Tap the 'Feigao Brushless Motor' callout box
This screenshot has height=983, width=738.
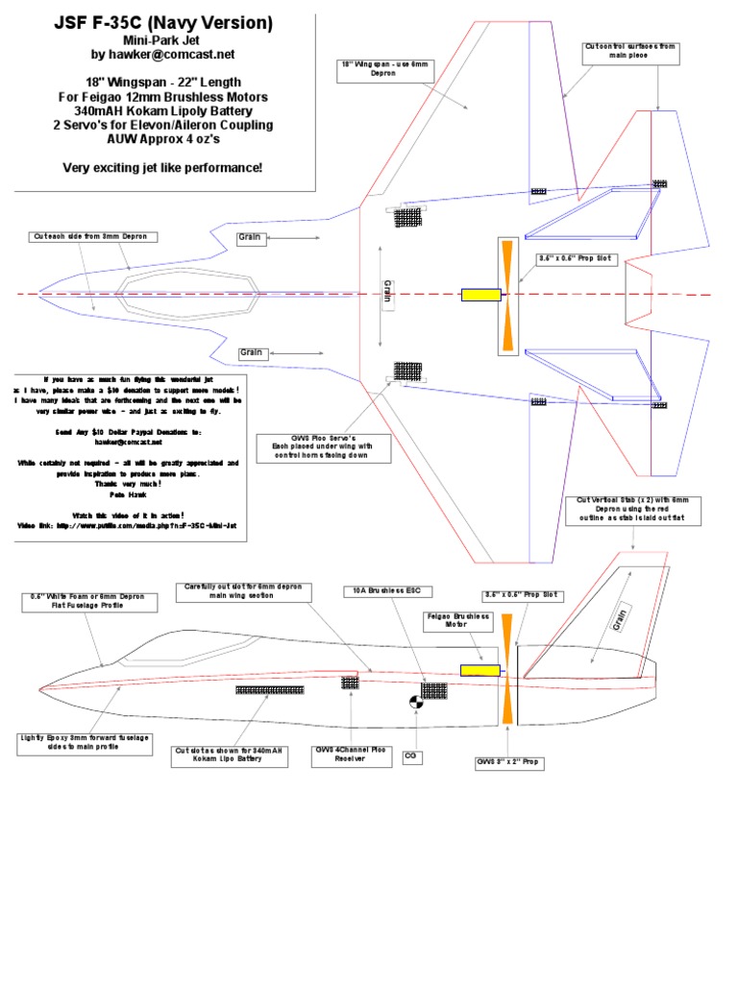pos(457,622)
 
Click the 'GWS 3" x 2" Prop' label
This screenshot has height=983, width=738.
pos(509,763)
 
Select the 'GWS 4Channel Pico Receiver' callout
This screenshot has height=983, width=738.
pos(351,755)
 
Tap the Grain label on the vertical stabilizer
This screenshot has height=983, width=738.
pos(620,619)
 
